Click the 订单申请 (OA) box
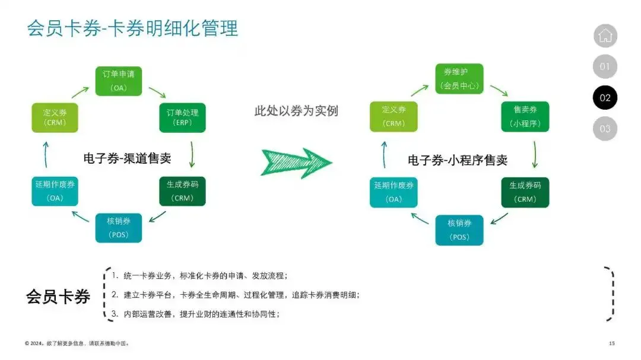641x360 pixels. (x=119, y=81)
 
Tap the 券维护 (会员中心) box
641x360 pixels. (x=459, y=79)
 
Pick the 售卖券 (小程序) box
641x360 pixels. (x=525, y=117)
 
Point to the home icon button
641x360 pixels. (x=605, y=36)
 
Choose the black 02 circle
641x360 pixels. (x=605, y=98)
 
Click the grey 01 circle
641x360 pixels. (x=605, y=66)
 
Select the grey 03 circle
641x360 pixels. (x=605, y=129)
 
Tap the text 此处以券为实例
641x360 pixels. (x=296, y=111)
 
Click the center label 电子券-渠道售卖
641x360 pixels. (x=127, y=158)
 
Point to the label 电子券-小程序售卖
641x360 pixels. (x=457, y=160)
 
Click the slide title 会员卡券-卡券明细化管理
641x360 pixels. (x=132, y=28)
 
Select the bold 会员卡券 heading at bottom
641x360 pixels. (x=58, y=296)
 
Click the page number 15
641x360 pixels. (x=612, y=343)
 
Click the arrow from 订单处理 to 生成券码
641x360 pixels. (x=192, y=155)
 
